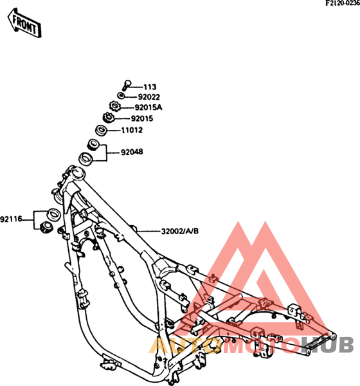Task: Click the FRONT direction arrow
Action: click(x=24, y=23)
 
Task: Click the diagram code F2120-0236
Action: click(x=343, y=3)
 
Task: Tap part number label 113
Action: click(x=150, y=87)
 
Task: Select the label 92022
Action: click(x=149, y=97)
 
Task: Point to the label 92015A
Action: click(x=148, y=107)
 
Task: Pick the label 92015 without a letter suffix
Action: click(x=142, y=118)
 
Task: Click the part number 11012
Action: click(x=132, y=130)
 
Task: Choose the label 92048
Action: click(x=132, y=152)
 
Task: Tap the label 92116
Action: click(x=11, y=219)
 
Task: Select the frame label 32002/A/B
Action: click(x=180, y=232)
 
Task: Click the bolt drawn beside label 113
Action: click(x=127, y=85)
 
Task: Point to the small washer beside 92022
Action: click(x=121, y=95)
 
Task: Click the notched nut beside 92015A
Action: click(x=114, y=106)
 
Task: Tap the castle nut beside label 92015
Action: click(x=108, y=117)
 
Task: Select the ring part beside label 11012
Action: click(x=101, y=130)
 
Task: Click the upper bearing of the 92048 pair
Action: click(x=93, y=145)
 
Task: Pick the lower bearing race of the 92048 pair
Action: click(x=85, y=159)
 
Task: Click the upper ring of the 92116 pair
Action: click(x=53, y=214)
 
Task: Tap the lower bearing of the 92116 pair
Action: click(x=46, y=228)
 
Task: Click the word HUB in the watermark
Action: click(x=328, y=345)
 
